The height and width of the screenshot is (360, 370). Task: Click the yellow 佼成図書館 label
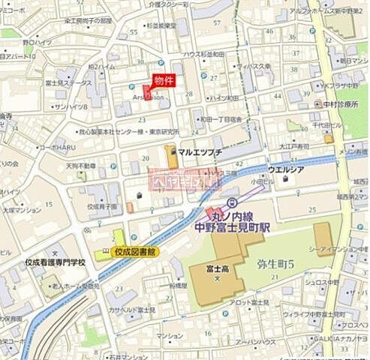134,253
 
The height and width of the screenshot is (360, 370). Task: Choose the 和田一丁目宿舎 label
221,118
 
